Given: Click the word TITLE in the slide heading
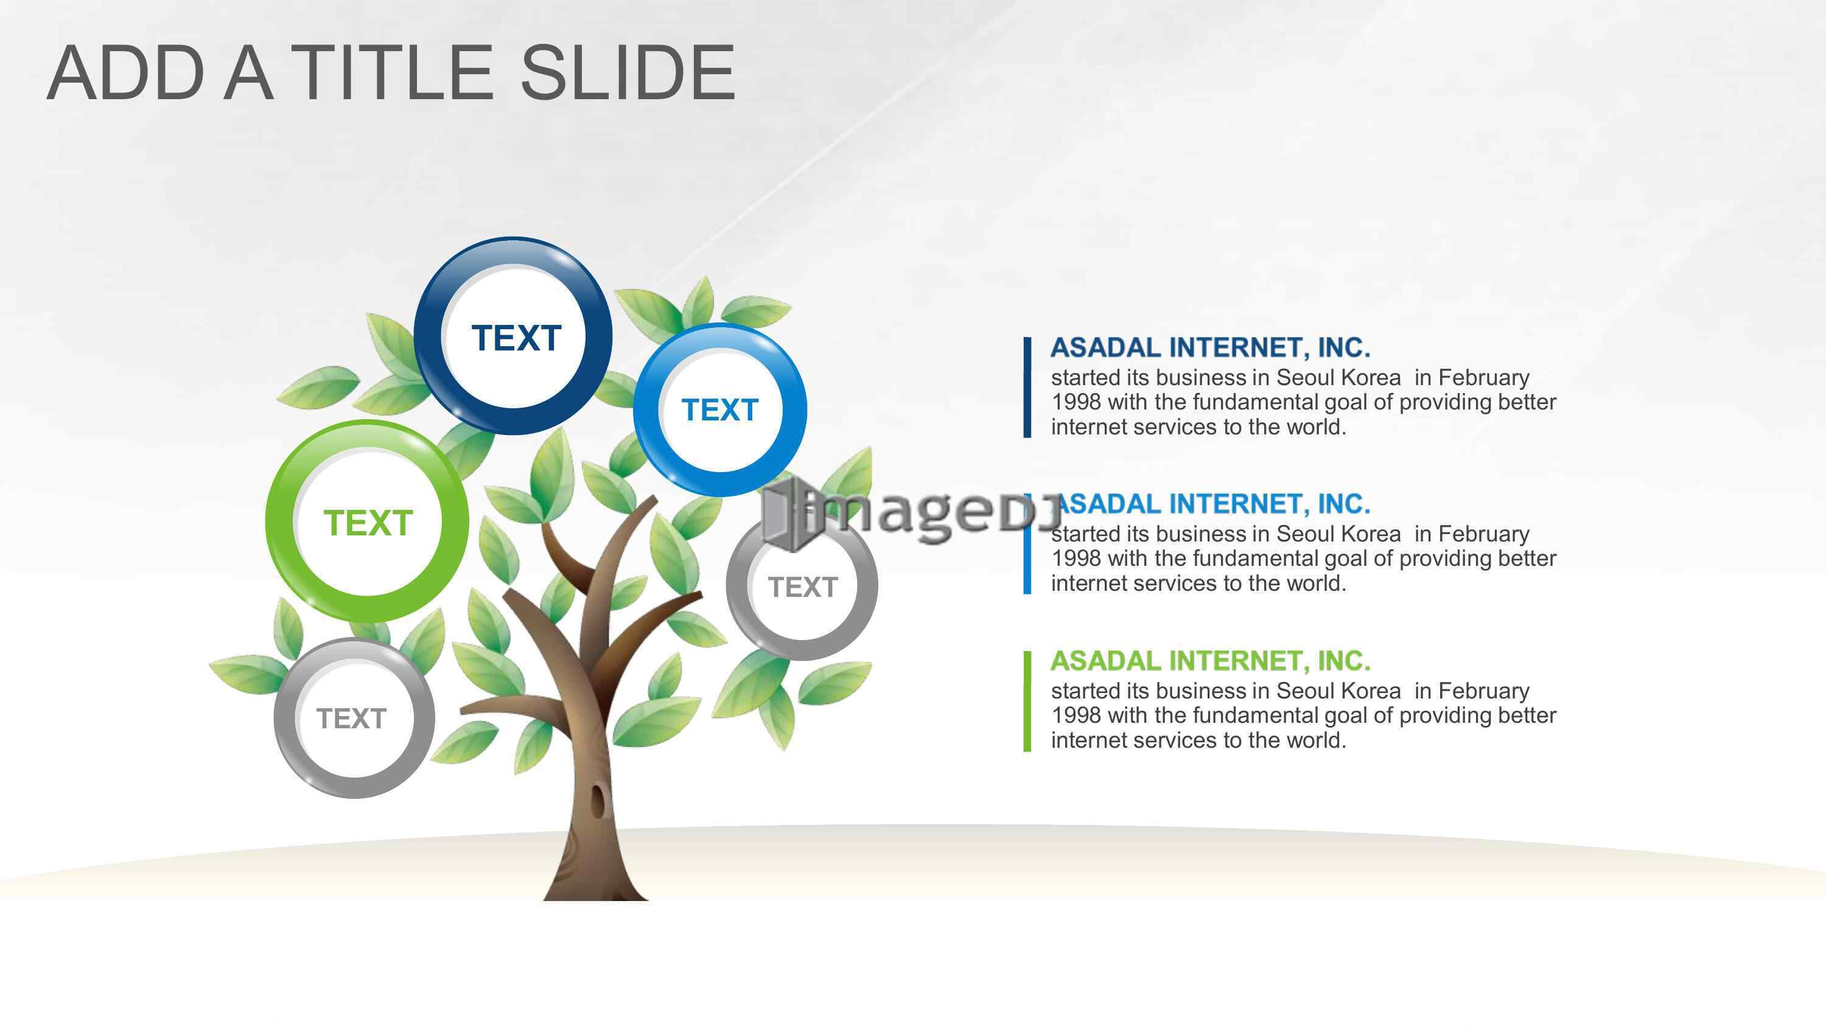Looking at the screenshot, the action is [394, 72].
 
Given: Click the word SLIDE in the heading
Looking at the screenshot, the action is [628, 72].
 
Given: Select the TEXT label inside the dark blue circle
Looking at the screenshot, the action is [516, 338].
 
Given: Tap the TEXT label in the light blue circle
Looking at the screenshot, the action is [719, 409].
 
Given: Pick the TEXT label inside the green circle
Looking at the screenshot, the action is [368, 523].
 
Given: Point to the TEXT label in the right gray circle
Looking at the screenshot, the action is [802, 587].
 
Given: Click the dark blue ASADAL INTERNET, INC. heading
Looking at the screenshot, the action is [1210, 348].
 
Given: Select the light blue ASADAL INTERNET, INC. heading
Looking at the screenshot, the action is [1214, 504].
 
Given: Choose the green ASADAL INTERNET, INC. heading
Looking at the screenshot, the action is [1210, 661].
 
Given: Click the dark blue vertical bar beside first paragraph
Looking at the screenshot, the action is [1027, 388].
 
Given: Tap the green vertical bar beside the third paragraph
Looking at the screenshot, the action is [1027, 701].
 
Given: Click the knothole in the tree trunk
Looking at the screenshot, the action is [600, 799].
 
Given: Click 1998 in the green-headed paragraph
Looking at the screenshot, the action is [1076, 716].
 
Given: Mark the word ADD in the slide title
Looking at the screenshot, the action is [127, 72].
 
